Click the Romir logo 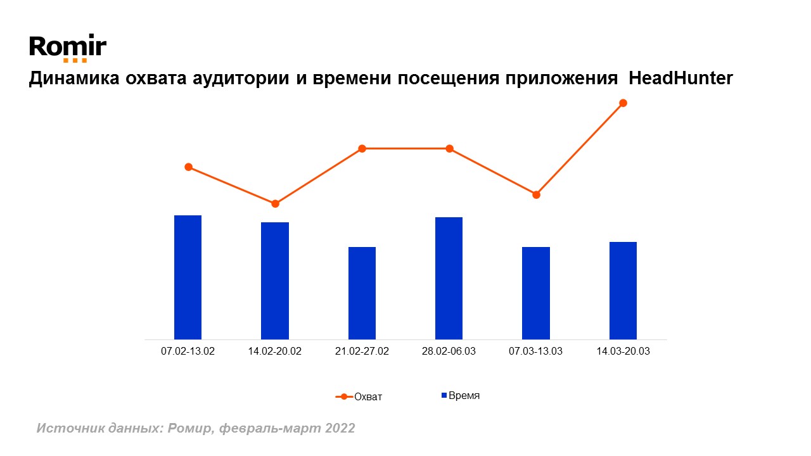(68, 48)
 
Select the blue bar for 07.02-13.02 (188, 277)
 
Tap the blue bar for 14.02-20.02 (275, 281)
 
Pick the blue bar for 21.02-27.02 (362, 293)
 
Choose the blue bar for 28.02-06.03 (449, 278)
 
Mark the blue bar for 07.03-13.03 (536, 293)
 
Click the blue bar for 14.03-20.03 (623, 291)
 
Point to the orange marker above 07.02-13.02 (188, 167)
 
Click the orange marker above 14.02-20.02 (275, 204)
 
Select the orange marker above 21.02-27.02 (362, 149)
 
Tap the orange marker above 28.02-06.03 (449, 149)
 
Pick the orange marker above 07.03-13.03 (536, 194)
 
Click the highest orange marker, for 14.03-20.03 (623, 103)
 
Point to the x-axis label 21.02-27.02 (362, 351)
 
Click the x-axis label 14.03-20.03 (623, 351)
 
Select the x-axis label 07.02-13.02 (188, 351)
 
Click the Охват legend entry (359, 397)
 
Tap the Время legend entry (461, 396)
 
